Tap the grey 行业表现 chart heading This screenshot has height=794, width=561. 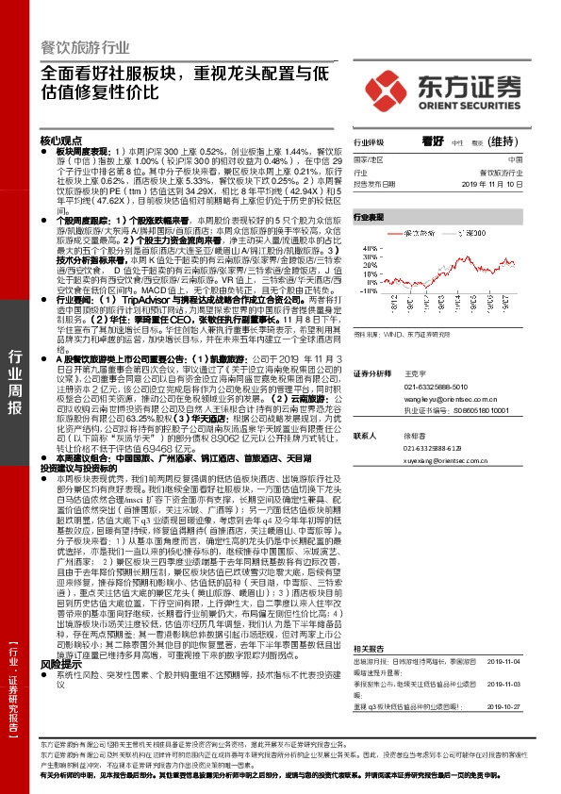[370, 217]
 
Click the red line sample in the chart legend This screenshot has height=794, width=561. [395, 231]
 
